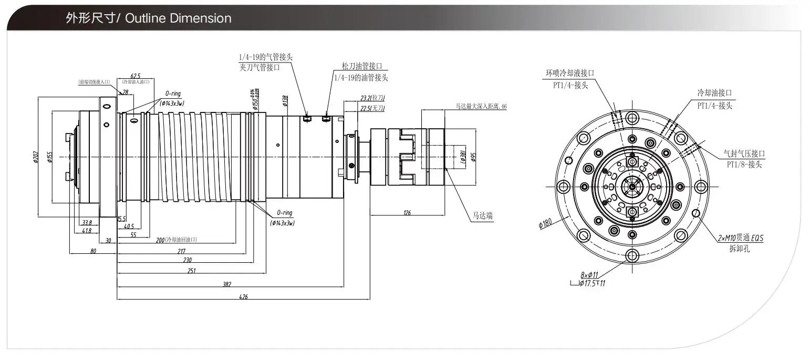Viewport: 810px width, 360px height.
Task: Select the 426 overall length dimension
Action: coord(243,297)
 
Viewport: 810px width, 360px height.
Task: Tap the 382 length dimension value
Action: coord(226,284)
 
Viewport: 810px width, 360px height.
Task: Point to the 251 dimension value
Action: coord(192,271)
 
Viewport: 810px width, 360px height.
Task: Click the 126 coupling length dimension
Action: coord(407,213)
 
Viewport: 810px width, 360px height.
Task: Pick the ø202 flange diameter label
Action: coord(36,157)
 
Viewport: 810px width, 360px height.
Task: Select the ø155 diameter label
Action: coord(49,157)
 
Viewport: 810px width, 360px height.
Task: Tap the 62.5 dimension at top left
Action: coord(135,76)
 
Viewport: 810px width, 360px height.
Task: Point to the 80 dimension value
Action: coord(93,251)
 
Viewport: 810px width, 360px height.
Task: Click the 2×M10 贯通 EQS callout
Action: coord(740,238)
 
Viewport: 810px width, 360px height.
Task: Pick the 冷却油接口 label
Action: coord(714,92)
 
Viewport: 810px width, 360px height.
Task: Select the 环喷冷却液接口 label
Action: coord(570,73)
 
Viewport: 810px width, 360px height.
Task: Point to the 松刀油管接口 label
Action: coord(361,66)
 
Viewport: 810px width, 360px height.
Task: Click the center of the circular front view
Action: coord(631,187)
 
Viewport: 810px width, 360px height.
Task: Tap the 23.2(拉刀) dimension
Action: coord(372,98)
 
